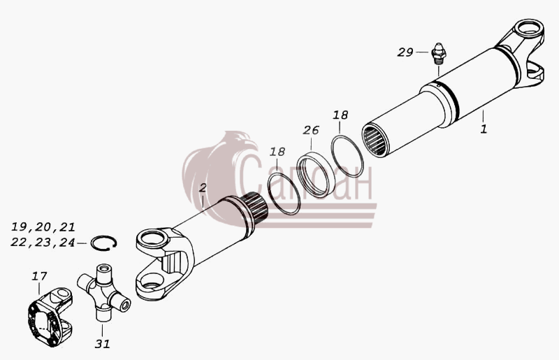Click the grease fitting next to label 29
pyautogui.click(x=439, y=54)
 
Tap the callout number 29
pyautogui.click(x=405, y=52)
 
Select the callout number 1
pyautogui.click(x=484, y=129)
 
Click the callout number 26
pyautogui.click(x=310, y=130)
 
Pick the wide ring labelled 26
pyautogui.click(x=312, y=175)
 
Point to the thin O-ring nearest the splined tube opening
pyautogui.click(x=347, y=156)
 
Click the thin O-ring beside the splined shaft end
pyautogui.click(x=284, y=193)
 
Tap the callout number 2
pyautogui.click(x=203, y=188)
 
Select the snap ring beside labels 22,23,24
pyautogui.click(x=103, y=243)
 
